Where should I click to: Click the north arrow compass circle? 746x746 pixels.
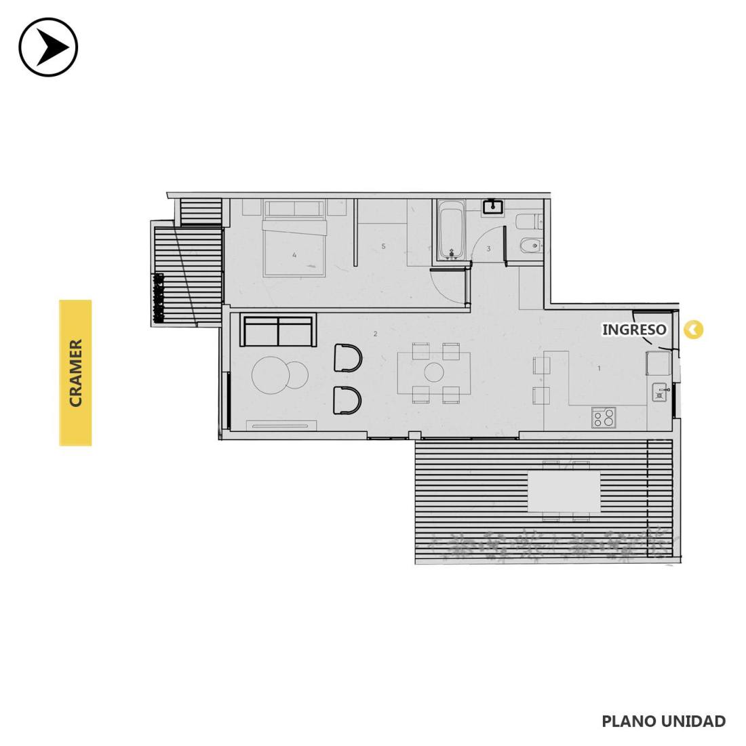[48, 47]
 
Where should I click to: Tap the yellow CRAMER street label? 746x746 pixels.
[75, 373]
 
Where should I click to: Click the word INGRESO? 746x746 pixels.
[634, 329]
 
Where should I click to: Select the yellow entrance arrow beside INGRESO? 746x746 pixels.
[693, 329]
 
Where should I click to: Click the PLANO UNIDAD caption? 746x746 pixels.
[664, 721]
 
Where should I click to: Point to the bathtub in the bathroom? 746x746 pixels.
[450, 231]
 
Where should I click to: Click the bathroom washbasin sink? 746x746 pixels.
[493, 207]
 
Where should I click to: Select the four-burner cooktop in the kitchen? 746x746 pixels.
[604, 418]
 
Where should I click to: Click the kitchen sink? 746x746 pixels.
[659, 393]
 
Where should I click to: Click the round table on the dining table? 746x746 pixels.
[434, 372]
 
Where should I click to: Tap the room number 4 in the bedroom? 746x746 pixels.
[294, 255]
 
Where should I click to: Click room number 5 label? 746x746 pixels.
[383, 246]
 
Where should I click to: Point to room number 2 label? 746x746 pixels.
[376, 334]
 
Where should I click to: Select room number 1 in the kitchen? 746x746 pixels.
[599, 368]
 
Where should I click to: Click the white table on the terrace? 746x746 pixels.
[564, 492]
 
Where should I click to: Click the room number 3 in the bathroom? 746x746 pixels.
[488, 248]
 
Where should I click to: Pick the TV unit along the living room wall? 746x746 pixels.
[281, 426]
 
